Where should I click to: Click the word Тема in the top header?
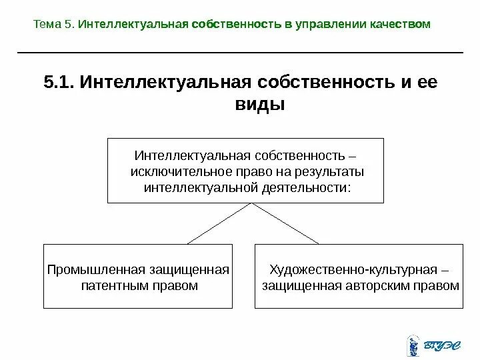tap(46, 25)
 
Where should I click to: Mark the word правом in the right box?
tap(441, 285)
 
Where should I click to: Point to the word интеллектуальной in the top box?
tap(201, 187)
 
